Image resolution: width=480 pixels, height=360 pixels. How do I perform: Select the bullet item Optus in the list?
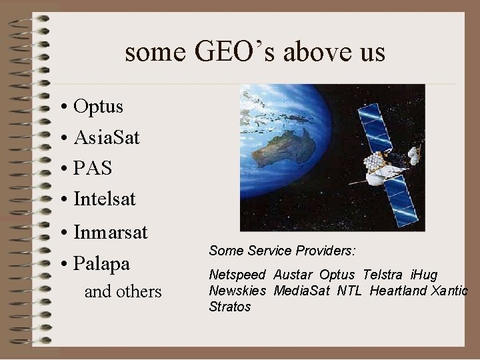click(99, 107)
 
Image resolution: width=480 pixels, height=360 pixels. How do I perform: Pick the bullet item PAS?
click(93, 168)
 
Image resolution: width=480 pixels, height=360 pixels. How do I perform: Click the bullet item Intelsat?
click(105, 198)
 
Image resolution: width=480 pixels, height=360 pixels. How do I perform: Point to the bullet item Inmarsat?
click(111, 233)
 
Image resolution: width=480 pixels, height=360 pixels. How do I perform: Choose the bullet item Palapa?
click(101, 263)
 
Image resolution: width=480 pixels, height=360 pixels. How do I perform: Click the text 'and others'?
click(123, 291)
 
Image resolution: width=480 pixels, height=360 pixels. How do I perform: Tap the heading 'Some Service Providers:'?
click(282, 251)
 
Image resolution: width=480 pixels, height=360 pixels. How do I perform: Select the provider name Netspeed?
click(237, 275)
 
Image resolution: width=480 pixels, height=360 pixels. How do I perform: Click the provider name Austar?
click(293, 275)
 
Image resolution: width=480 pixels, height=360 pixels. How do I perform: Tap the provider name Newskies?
click(237, 291)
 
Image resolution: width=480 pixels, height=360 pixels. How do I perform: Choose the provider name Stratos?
click(229, 307)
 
